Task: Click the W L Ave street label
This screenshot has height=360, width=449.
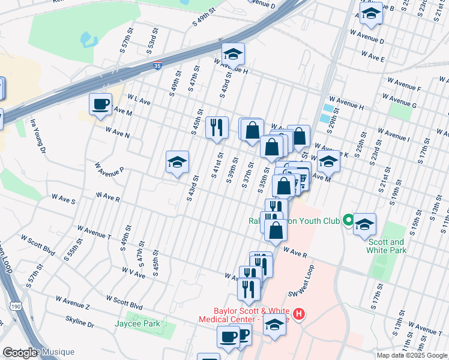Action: [x=138, y=101]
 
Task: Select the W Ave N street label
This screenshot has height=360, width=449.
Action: [x=118, y=131]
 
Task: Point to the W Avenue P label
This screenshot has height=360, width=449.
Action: [x=109, y=166]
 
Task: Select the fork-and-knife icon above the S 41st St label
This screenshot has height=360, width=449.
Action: [x=217, y=127]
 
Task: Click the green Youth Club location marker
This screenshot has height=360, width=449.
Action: [x=347, y=221]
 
